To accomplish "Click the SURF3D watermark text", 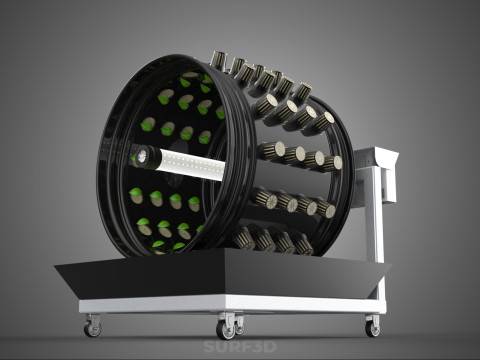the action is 240,347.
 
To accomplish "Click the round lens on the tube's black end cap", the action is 141,155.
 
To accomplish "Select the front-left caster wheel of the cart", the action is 92,328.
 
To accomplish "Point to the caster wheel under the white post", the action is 373,329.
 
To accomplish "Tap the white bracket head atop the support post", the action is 378,157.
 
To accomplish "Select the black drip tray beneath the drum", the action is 223,274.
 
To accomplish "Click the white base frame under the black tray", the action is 233,304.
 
